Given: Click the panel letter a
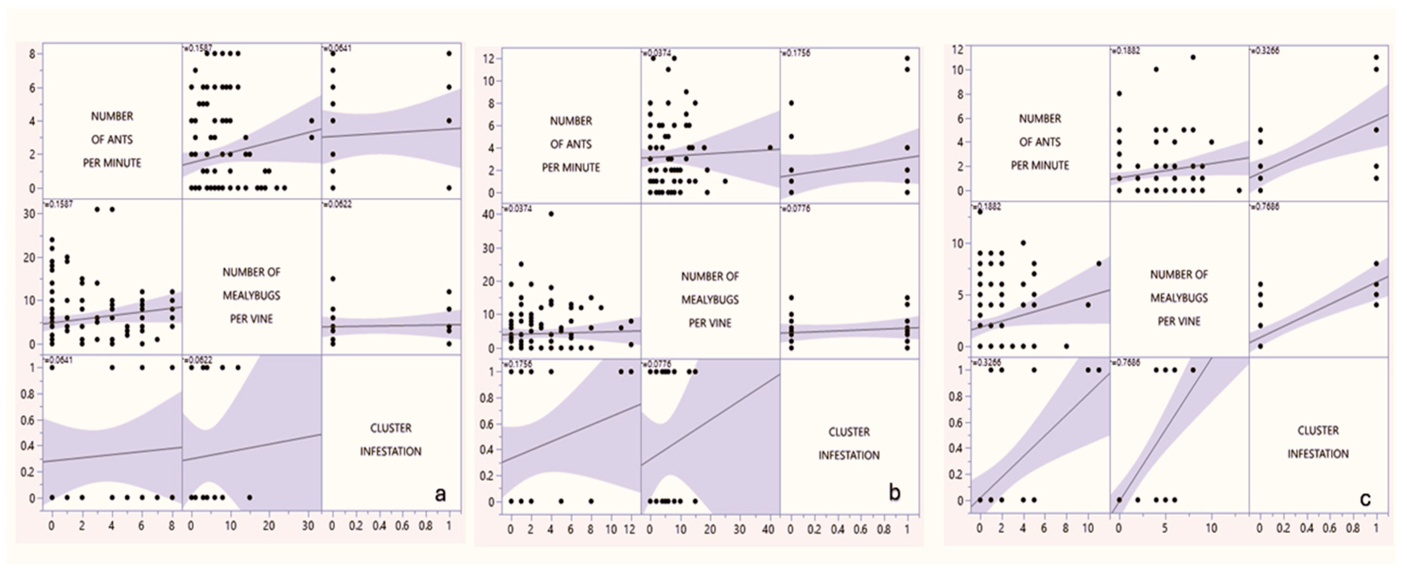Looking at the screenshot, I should tap(440, 494).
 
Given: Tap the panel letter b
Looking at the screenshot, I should tap(894, 493).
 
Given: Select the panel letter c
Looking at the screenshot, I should tap(1365, 499).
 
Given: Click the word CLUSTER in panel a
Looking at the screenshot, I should tap(391, 428).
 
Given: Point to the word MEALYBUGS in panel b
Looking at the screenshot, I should tap(709, 299).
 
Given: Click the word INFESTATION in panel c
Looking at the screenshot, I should tap(1318, 454).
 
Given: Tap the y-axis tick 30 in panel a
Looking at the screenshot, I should tap(30, 214).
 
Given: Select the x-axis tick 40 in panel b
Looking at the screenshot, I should tap(768, 530).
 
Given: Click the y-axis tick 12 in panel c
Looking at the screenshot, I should tap(958, 50).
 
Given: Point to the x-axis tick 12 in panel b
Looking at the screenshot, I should tap(629, 530).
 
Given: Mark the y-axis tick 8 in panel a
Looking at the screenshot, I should tap(33, 54).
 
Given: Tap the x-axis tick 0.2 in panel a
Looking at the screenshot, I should tap(355, 526).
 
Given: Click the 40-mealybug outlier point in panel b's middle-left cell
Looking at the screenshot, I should tap(551, 214).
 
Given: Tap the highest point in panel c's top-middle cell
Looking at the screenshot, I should tap(1193, 57).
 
